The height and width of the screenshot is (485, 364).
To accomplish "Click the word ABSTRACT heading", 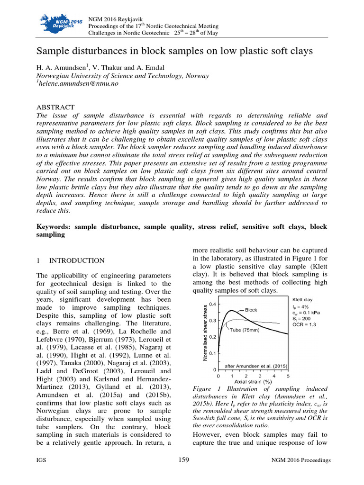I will (x=55, y=108).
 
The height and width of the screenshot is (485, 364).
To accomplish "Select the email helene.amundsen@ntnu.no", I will (x=76, y=83).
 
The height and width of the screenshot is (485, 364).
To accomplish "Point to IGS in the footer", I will (x=41, y=461).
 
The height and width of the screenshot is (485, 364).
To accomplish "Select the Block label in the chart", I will (x=251, y=310).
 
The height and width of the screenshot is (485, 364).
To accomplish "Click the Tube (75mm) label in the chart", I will (x=245, y=330).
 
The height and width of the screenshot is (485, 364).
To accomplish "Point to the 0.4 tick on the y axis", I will (x=213, y=305).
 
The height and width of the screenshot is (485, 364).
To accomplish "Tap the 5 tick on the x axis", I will (x=288, y=375).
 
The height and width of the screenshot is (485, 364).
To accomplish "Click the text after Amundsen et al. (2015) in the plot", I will (x=255, y=365).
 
